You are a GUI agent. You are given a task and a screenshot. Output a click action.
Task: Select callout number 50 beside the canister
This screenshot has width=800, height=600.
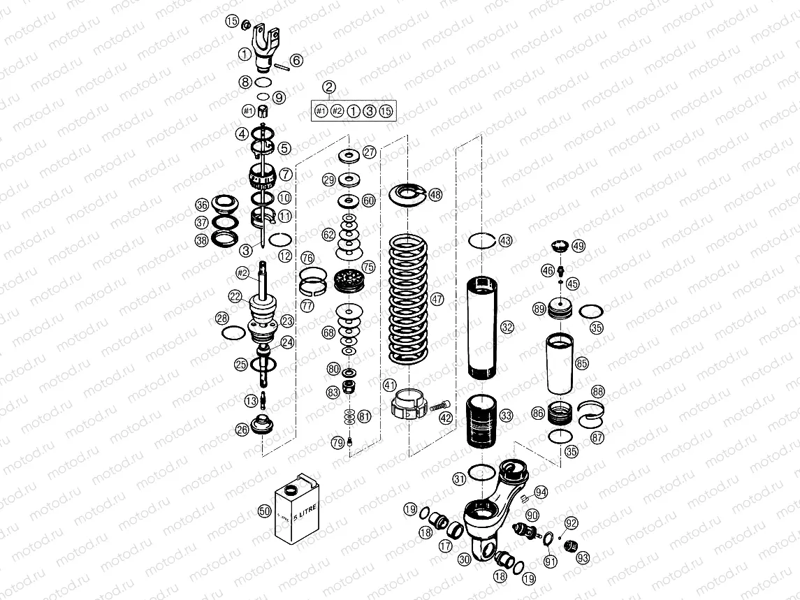pyautogui.click(x=264, y=511)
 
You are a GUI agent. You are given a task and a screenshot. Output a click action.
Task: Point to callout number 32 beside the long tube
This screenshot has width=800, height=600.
pyautogui.click(x=507, y=327)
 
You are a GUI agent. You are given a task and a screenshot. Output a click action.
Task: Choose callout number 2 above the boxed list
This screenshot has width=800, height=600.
pyautogui.click(x=330, y=87)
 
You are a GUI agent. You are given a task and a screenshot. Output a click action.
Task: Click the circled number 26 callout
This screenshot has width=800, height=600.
pyautogui.click(x=242, y=430)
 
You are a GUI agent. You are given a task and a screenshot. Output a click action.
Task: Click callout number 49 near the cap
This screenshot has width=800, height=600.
pyautogui.click(x=579, y=246)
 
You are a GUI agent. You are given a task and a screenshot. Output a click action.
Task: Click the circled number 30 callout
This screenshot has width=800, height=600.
pyautogui.click(x=465, y=558)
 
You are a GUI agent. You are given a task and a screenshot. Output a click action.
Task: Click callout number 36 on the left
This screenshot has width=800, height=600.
pyautogui.click(x=202, y=205)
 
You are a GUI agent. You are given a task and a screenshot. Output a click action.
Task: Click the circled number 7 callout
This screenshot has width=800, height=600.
pyautogui.click(x=285, y=173)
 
